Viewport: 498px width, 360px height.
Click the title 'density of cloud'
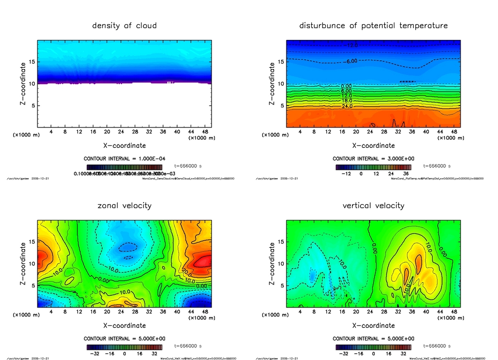point(124,25)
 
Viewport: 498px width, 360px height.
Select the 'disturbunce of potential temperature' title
point(373,25)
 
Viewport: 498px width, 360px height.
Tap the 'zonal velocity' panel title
point(124,205)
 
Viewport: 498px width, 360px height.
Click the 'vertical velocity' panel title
point(373,205)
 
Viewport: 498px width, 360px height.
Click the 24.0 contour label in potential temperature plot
point(347,106)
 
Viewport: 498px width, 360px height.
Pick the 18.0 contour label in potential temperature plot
point(347,101)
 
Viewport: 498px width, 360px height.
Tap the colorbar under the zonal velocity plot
point(124,347)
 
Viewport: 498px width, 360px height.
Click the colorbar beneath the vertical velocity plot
point(373,347)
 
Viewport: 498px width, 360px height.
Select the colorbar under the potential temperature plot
point(373,167)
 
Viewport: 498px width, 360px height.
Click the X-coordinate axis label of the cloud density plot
point(124,145)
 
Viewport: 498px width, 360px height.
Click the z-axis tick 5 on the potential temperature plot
point(281,106)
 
